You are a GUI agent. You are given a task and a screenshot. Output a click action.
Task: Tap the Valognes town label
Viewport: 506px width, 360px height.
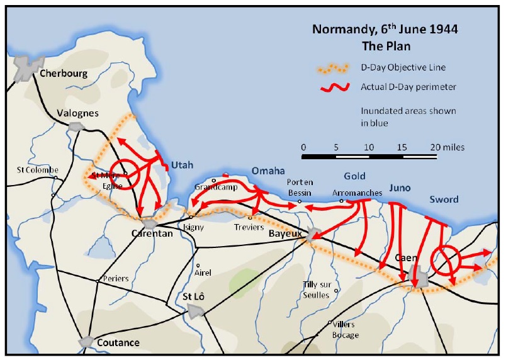78,113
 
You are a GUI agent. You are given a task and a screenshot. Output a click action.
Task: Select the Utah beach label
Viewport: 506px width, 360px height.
181,165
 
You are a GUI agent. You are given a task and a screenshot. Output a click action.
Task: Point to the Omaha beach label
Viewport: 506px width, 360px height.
268,171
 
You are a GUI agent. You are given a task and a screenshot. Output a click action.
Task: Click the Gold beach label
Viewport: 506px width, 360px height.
355,176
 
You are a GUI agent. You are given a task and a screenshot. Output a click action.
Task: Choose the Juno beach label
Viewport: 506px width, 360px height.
400,188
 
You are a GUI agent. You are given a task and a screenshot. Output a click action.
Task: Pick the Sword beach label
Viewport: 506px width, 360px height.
444,200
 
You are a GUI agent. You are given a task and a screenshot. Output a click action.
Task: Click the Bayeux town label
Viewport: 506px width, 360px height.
285,233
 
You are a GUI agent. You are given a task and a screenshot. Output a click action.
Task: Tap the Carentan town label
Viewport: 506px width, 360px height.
152,233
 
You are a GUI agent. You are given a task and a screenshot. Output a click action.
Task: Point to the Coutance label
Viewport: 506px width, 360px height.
118,342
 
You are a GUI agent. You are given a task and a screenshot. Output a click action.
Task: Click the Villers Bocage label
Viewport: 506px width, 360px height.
345,329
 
